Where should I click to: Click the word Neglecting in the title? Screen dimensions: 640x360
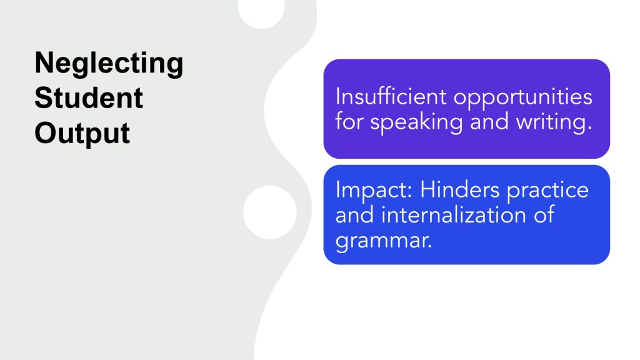[109, 64]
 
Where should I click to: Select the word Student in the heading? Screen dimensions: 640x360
[89, 98]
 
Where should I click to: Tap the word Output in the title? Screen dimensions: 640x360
[82, 134]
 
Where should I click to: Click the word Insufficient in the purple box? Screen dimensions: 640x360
[391, 97]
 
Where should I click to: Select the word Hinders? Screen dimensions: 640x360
[459, 190]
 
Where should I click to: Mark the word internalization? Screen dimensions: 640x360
[454, 215]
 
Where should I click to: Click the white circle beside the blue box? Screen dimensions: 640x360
[270, 212]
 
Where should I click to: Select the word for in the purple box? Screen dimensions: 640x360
[349, 122]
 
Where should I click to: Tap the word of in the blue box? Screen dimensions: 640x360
[544, 214]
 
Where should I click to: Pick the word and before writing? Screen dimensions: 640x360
[489, 122]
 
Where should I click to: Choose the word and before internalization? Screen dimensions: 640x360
[354, 215]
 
